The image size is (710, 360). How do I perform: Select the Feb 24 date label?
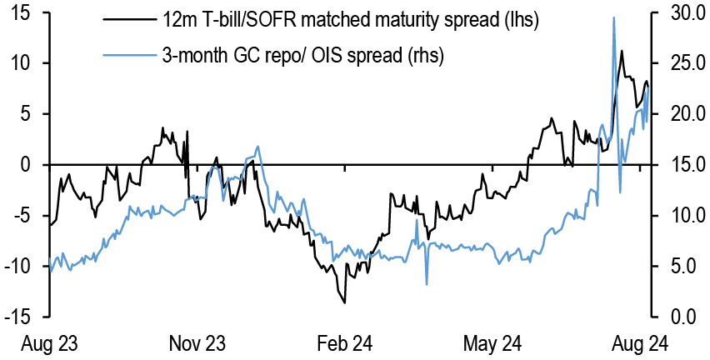(x=342, y=343)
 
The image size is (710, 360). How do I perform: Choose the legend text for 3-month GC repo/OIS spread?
(x=303, y=56)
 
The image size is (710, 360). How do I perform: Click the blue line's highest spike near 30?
(x=614, y=17)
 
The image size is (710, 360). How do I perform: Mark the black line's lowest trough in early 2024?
(x=344, y=302)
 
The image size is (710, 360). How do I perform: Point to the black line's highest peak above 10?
(x=622, y=51)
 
